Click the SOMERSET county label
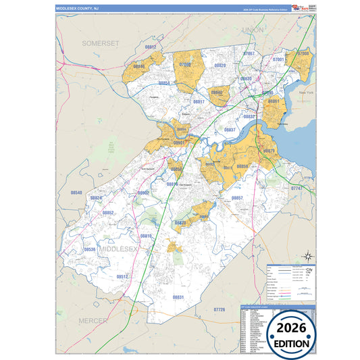[100, 43]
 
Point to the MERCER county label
[94, 319]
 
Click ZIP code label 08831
[178, 297]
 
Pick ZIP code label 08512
[122, 276]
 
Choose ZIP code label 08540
[76, 193]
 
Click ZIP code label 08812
[151, 47]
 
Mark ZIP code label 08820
[220, 66]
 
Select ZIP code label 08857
[237, 198]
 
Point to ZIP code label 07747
[296, 188]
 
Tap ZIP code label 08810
[146, 236]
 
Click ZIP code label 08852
[108, 213]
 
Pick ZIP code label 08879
[269, 151]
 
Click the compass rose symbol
[307, 255]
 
